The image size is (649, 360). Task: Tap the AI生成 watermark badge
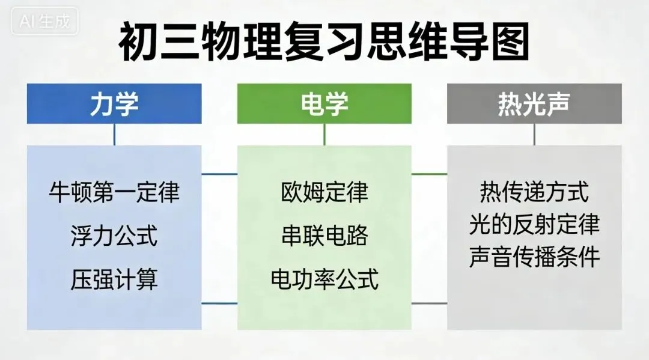(x=44, y=21)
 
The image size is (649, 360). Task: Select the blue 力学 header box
(x=114, y=103)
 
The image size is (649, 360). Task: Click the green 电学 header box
(x=324, y=103)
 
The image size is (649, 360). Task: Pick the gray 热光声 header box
(x=534, y=103)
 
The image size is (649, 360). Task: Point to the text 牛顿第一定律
(x=114, y=192)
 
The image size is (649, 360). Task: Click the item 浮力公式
(x=114, y=236)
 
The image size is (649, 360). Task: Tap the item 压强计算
(x=114, y=279)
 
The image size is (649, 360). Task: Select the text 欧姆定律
(x=324, y=192)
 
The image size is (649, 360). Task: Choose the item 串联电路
(x=324, y=236)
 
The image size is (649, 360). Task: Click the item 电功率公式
(x=324, y=279)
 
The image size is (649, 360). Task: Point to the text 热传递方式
(x=534, y=192)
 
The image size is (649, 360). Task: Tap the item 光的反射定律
(x=534, y=224)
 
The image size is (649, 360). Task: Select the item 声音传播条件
(x=534, y=257)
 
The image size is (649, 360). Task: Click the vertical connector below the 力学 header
(x=114, y=135)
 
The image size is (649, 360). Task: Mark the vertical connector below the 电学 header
(x=324, y=135)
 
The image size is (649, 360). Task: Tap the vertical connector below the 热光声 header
(x=534, y=135)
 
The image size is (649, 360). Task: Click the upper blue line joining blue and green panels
(x=219, y=174)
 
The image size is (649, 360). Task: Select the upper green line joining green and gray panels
(x=429, y=174)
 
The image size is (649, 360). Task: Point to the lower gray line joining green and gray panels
(x=429, y=304)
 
